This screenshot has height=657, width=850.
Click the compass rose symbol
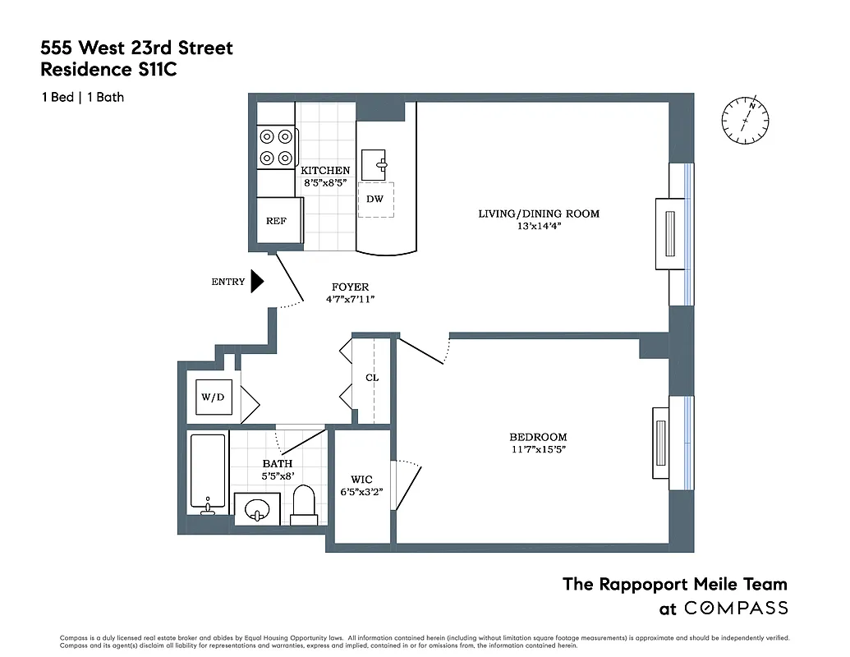(746, 122)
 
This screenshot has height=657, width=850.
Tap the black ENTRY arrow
(256, 282)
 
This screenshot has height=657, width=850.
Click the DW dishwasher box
(374, 200)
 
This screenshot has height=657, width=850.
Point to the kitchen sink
(379, 164)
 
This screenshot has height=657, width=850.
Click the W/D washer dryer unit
(213, 397)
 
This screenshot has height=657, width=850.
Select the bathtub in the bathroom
(207, 473)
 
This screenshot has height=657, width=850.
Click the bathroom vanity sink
(257, 509)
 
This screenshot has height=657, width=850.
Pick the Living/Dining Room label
(539, 214)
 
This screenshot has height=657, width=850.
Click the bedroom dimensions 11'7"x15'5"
(538, 449)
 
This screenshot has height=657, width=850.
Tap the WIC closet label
(362, 479)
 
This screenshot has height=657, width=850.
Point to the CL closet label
(372, 378)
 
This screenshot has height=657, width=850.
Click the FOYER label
(350, 287)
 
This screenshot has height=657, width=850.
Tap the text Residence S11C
(108, 70)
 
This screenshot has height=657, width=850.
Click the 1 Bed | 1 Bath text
(83, 97)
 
